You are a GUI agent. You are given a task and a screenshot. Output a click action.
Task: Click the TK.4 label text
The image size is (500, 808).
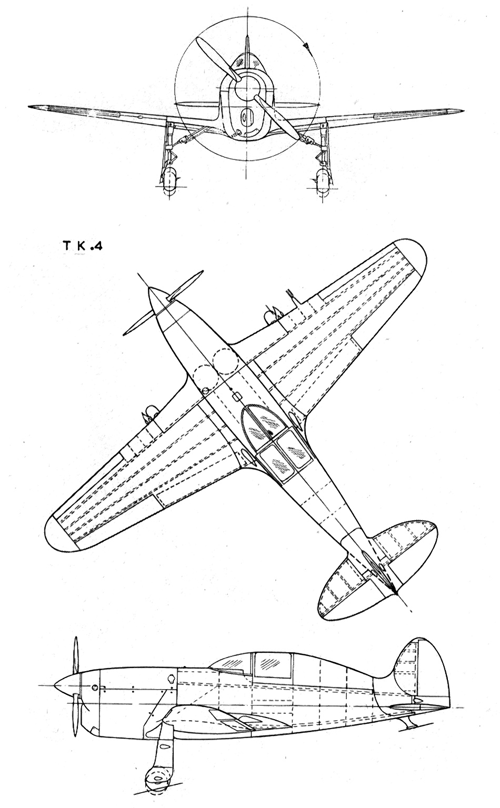pos(83,246)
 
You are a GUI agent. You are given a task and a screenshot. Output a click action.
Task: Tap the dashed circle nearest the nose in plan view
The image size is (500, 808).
pos(226,361)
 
